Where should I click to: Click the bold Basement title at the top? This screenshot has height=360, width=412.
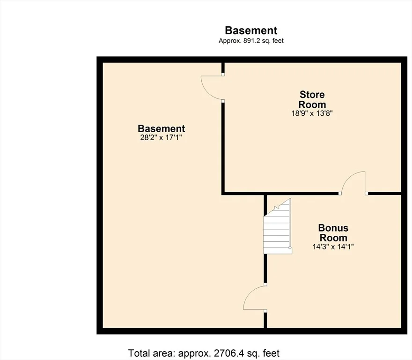[x=251, y=30]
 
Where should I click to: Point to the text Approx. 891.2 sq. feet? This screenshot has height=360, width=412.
[x=251, y=41]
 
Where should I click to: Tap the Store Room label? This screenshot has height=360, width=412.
[x=312, y=99]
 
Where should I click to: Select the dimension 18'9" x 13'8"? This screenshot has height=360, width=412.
[x=312, y=113]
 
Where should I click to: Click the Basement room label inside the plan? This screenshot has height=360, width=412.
[x=162, y=129]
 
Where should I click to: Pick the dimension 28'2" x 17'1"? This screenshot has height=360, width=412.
[x=161, y=137]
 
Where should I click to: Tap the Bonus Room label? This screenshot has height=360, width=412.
[x=333, y=232]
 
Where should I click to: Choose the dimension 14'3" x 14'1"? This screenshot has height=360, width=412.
[x=333, y=247]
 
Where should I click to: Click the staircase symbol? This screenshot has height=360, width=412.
[x=278, y=226]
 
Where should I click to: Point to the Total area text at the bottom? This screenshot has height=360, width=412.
[x=204, y=353]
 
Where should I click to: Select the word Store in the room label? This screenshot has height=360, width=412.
[x=312, y=95]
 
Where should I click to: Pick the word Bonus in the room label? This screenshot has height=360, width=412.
[x=333, y=228]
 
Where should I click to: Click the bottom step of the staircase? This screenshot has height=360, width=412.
[x=278, y=251]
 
